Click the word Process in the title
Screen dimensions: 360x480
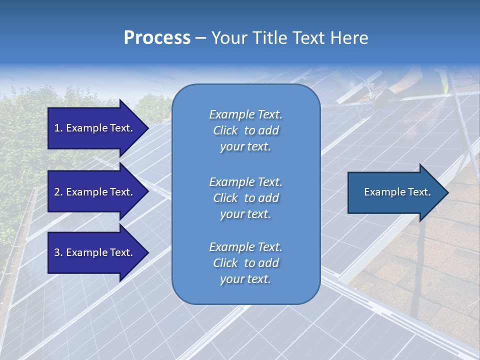click(x=157, y=38)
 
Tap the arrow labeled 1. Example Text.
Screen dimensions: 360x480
click(x=95, y=128)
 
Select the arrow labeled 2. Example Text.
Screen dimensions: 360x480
click(x=95, y=192)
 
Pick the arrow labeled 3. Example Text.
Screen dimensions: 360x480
click(x=95, y=252)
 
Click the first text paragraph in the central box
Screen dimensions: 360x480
click(x=245, y=130)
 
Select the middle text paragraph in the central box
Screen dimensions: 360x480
click(x=245, y=198)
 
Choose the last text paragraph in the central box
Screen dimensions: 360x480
click(x=245, y=263)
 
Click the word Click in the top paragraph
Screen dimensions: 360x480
click(x=225, y=130)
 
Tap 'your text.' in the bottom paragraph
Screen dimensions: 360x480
click(x=245, y=279)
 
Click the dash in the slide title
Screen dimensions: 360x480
click(x=201, y=38)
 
